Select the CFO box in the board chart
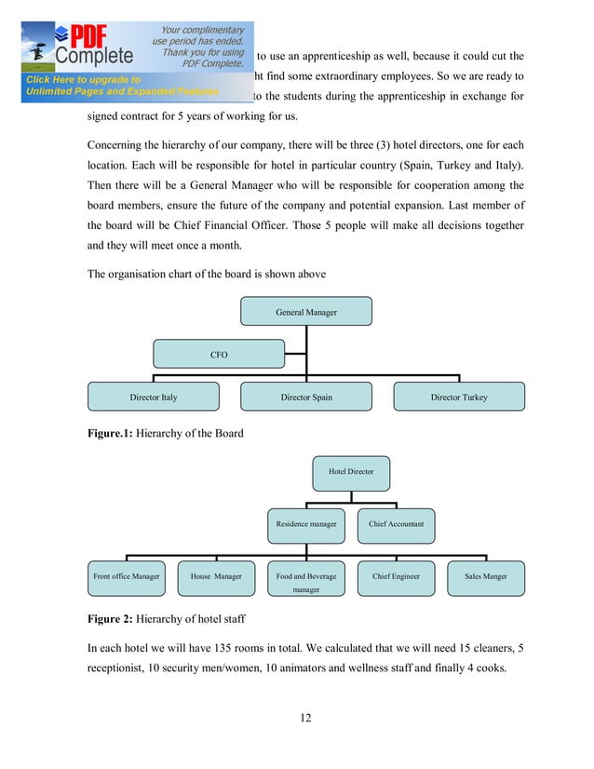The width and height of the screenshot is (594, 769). coord(219,355)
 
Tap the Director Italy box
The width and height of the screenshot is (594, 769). coord(154,397)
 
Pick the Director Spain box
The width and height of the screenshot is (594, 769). coord(306,397)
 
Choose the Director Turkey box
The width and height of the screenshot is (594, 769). coord(459,397)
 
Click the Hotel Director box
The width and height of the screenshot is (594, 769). coord(351,473)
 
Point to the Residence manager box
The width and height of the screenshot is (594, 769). coord(306,524)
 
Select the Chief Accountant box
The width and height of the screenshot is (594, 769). coord(396,524)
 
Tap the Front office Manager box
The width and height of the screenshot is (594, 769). coord(127,577)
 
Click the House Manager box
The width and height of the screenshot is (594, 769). coord(216,577)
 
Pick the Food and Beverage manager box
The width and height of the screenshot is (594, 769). coord(306,581)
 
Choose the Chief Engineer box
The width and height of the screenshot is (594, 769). coord(396,577)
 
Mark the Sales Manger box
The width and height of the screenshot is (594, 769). coord(485,577)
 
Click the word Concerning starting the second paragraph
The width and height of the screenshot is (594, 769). coord(119,144)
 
